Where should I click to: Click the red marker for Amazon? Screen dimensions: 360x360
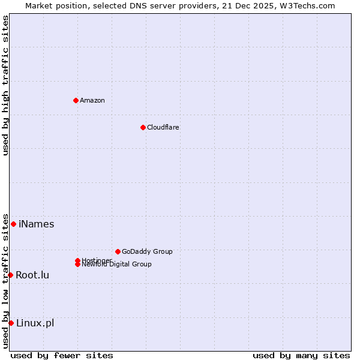(76, 100)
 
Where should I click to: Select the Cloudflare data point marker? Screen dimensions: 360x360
(143, 127)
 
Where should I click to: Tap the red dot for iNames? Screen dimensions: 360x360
(13, 224)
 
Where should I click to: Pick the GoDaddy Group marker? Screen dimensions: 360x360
(118, 251)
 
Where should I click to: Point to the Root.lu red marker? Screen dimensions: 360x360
(10, 275)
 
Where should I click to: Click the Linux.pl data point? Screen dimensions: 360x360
(11, 323)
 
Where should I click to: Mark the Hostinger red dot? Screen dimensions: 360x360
(77, 260)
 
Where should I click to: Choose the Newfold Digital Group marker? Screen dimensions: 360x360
(77, 265)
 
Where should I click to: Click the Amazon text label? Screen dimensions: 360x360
(92, 100)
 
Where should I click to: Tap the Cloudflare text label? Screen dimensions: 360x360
(163, 127)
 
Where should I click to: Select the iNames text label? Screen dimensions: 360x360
(37, 224)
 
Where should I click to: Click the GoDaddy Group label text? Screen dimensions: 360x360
(147, 251)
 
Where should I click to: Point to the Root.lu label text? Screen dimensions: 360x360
(32, 275)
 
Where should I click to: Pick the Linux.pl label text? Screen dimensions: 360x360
(35, 323)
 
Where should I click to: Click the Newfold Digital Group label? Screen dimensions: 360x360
(116, 265)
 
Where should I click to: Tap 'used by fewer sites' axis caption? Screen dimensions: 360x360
(62, 355)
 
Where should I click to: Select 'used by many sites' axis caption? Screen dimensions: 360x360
(301, 355)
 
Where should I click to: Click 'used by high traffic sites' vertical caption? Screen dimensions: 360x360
(6, 85)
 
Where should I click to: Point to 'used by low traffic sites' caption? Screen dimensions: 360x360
(6, 281)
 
